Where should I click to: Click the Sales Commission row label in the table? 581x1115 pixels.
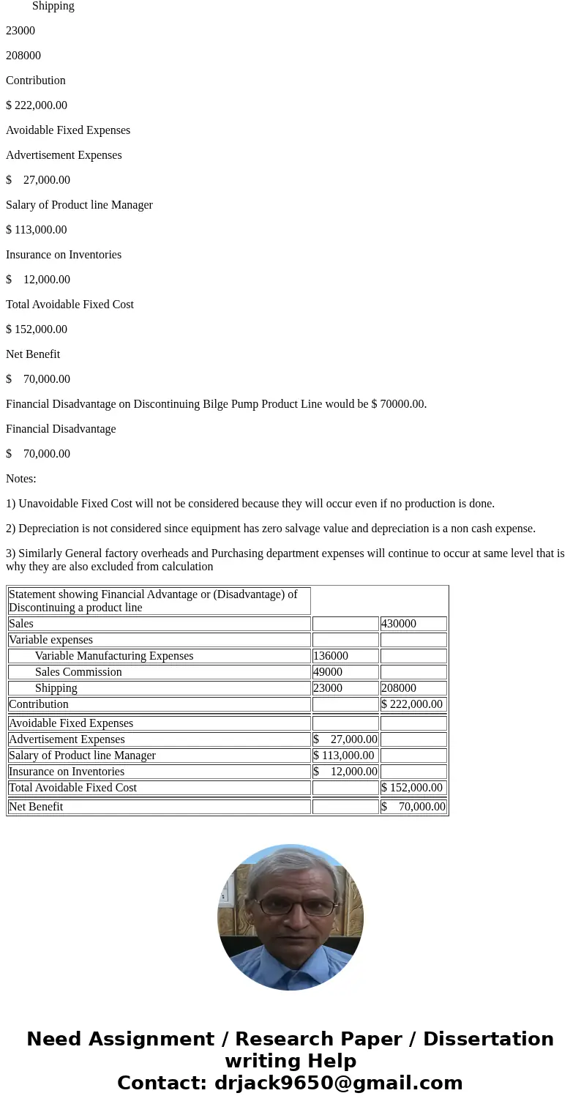click(x=78, y=672)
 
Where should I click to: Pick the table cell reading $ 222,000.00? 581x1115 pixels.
click(x=412, y=704)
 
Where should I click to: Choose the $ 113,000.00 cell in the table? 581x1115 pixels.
click(x=344, y=756)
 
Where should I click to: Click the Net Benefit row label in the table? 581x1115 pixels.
click(x=36, y=807)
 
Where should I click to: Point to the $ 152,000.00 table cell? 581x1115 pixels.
click(x=412, y=788)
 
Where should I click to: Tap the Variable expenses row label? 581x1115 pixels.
click(x=50, y=640)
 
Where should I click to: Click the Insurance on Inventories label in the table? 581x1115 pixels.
click(x=67, y=772)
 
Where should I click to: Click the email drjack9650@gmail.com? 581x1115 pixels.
click(x=338, y=1083)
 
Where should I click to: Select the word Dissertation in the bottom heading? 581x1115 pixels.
click(x=488, y=1039)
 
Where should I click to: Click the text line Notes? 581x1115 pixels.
click(x=21, y=479)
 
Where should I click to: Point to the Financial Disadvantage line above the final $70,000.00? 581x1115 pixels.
click(x=61, y=429)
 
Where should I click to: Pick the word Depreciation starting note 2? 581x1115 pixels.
click(x=50, y=529)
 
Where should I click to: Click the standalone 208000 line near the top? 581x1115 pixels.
click(x=23, y=56)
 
